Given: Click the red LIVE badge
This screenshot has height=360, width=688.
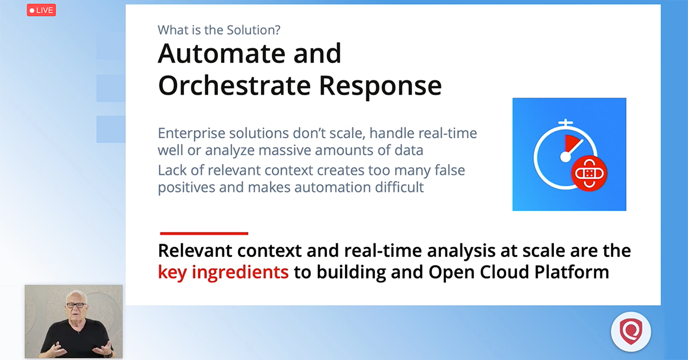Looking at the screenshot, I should click(41, 10).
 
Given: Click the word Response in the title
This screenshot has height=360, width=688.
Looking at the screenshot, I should click(380, 85).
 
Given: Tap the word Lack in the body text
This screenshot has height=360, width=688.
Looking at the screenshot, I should click(171, 170).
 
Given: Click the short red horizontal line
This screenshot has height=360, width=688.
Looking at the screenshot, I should click(204, 233).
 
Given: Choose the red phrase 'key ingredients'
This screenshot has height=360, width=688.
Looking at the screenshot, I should click(223, 272).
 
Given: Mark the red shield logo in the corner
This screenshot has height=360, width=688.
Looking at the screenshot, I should click(631, 331).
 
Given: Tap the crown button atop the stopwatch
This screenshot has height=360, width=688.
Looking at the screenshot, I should click(566, 123).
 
